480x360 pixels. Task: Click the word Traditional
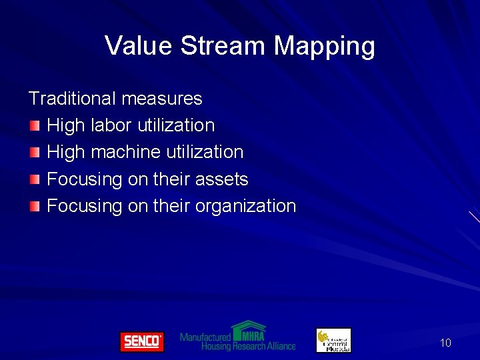[72, 99]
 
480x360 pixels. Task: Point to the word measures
[161, 99]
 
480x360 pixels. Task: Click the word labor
[111, 125]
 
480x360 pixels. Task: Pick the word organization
[245, 207]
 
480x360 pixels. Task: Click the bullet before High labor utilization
[35, 125]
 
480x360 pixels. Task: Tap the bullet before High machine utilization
[35, 152]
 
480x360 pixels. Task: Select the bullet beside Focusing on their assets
[35, 179]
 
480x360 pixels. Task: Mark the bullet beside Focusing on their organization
[35, 206]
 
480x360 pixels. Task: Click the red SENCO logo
[141, 341]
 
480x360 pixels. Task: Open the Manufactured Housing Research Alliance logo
[237, 337]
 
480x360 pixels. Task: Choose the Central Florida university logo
[333, 340]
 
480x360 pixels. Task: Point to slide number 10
[445, 343]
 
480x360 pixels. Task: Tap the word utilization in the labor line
[176, 125]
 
